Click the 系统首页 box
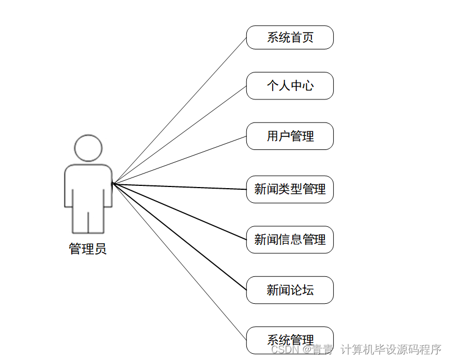[290, 38]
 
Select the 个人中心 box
[290, 86]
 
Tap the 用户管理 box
[290, 136]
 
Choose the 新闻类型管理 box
[290, 189]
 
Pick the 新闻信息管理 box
[290, 240]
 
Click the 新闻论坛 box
[290, 290]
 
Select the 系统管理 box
[290, 340]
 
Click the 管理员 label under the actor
[88, 249]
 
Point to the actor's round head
[88, 148]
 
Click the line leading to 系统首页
[180, 110]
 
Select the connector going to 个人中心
[180, 134]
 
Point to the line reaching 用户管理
[180, 160]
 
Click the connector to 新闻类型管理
[180, 186]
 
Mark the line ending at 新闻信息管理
[180, 212]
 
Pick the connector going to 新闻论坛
[180, 236]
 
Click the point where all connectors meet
[113, 183]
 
